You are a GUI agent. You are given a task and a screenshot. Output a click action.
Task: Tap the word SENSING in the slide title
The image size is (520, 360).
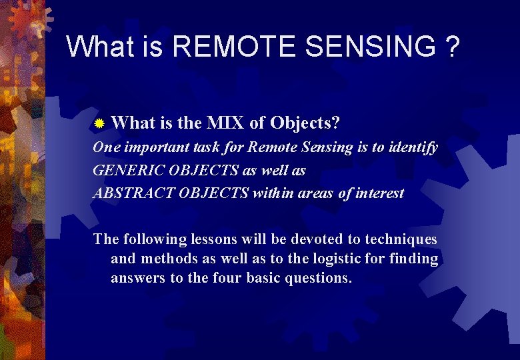pos(361,47)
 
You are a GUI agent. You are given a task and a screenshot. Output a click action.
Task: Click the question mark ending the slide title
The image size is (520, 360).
pos(452,47)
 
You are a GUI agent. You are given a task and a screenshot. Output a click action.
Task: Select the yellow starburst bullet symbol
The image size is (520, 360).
pos(99,124)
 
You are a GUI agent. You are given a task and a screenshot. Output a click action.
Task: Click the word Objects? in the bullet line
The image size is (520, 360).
pos(305,123)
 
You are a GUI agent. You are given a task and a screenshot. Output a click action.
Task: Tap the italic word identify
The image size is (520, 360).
pos(413,147)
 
